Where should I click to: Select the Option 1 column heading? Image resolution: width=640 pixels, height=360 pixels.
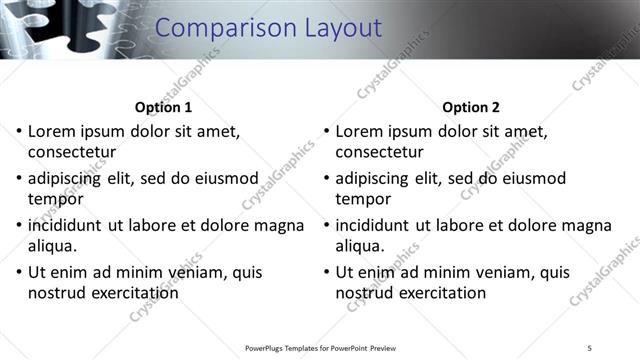(x=163, y=107)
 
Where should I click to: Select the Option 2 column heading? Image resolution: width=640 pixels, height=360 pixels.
(x=471, y=107)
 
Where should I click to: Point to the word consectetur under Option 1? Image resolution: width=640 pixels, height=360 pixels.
(x=72, y=153)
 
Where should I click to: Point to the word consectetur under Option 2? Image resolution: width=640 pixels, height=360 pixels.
(x=379, y=153)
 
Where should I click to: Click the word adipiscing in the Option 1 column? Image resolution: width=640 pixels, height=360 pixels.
(x=70, y=179)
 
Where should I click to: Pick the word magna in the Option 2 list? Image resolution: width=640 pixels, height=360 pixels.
(x=583, y=225)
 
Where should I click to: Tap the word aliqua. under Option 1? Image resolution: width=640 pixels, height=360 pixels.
(x=53, y=246)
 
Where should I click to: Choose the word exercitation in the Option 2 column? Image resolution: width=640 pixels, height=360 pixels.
(x=441, y=293)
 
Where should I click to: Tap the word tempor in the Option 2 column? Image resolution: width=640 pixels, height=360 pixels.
(x=363, y=200)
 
